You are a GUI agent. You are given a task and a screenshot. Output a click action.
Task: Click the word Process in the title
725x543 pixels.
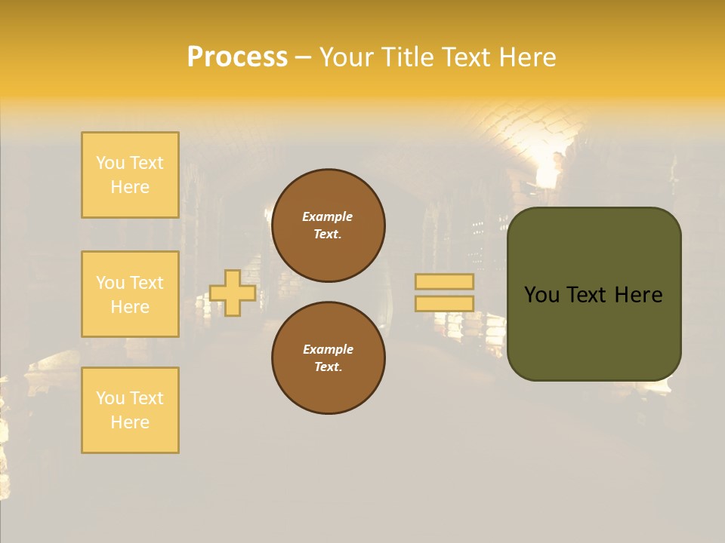[x=237, y=57]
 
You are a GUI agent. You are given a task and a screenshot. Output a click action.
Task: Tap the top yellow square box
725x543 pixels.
[x=130, y=175]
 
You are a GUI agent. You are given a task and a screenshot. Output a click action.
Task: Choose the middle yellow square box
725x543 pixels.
[x=130, y=294]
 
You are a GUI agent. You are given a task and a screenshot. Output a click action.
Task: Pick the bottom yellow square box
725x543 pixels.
[x=130, y=410]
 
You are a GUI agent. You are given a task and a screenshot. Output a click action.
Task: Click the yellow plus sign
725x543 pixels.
[x=233, y=293]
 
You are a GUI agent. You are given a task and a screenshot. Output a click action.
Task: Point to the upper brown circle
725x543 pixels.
[x=328, y=225]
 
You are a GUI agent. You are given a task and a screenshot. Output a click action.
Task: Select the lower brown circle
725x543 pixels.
[x=328, y=358]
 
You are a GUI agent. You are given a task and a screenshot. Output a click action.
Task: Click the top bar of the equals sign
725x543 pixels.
[x=444, y=281]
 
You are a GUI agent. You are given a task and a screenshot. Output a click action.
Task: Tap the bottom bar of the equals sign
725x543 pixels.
[x=444, y=303]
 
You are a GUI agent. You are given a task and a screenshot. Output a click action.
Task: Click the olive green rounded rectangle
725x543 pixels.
[x=594, y=332]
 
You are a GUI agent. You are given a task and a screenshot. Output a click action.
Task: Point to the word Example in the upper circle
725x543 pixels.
[x=328, y=216]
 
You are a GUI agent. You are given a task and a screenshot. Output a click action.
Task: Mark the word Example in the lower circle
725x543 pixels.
[x=328, y=349]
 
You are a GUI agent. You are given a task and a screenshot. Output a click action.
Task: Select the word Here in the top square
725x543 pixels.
[x=130, y=187]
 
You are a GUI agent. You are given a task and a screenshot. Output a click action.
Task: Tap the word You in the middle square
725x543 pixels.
[x=110, y=283]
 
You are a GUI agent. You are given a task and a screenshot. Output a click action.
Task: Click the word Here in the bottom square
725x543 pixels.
[x=130, y=422]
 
